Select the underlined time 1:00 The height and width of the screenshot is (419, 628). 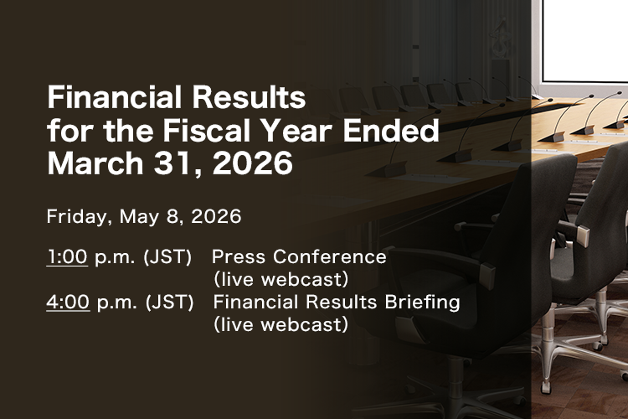(x=67, y=257)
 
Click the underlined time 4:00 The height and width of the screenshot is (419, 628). (x=68, y=303)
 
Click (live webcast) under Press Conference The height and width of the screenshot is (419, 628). (x=281, y=279)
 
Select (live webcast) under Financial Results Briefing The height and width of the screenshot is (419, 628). (x=281, y=324)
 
